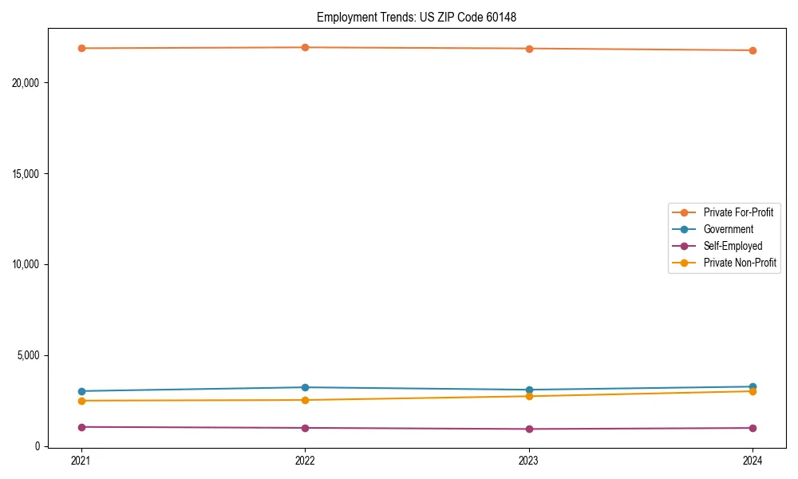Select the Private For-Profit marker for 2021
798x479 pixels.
(81, 48)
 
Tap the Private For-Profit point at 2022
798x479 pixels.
(305, 47)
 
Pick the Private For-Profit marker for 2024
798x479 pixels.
(753, 50)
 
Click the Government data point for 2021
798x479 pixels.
(81, 391)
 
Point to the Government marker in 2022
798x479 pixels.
(305, 387)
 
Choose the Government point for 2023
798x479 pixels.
(529, 390)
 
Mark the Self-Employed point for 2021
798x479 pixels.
(81, 427)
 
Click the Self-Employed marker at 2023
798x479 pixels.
(529, 429)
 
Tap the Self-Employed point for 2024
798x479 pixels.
(753, 428)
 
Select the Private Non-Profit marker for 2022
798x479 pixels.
(305, 400)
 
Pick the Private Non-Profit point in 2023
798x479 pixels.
(529, 396)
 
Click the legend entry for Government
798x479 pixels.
(728, 229)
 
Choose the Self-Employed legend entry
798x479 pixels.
(733, 246)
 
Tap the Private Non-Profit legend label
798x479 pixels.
(740, 263)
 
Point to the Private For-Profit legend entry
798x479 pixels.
(738, 212)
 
